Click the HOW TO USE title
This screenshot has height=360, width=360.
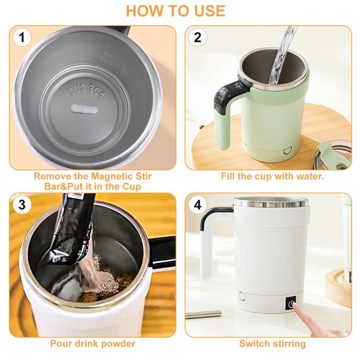tap(180, 10)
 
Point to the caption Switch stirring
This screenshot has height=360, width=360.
tap(272, 344)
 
